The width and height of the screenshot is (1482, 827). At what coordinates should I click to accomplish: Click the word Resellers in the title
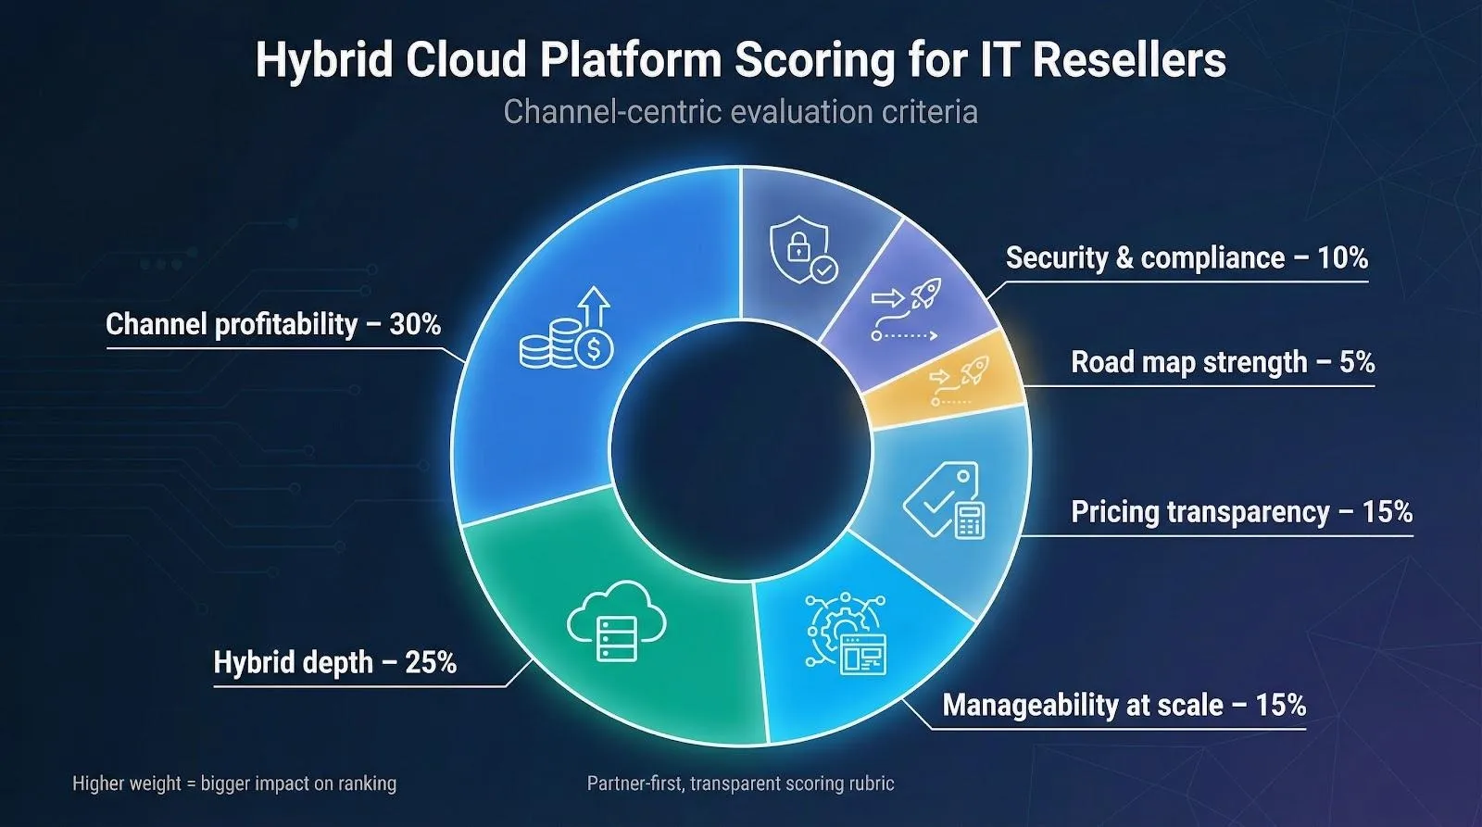1129,60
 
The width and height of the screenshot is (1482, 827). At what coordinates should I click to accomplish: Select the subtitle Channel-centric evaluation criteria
740,112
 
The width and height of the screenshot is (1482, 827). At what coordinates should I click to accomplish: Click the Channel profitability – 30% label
273,324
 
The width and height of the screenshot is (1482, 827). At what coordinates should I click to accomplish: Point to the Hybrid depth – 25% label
334,663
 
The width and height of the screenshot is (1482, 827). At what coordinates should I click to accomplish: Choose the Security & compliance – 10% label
1187,257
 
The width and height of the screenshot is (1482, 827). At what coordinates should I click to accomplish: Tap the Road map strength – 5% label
1223,362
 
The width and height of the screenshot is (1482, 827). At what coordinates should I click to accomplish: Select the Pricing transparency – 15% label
1241,512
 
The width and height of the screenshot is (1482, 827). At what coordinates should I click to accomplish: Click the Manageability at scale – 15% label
1124,706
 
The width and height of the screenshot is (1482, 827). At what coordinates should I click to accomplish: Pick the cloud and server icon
616,620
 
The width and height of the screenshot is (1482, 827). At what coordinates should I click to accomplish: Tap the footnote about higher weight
234,783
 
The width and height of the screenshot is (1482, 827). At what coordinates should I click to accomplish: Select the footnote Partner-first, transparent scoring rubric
740,783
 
